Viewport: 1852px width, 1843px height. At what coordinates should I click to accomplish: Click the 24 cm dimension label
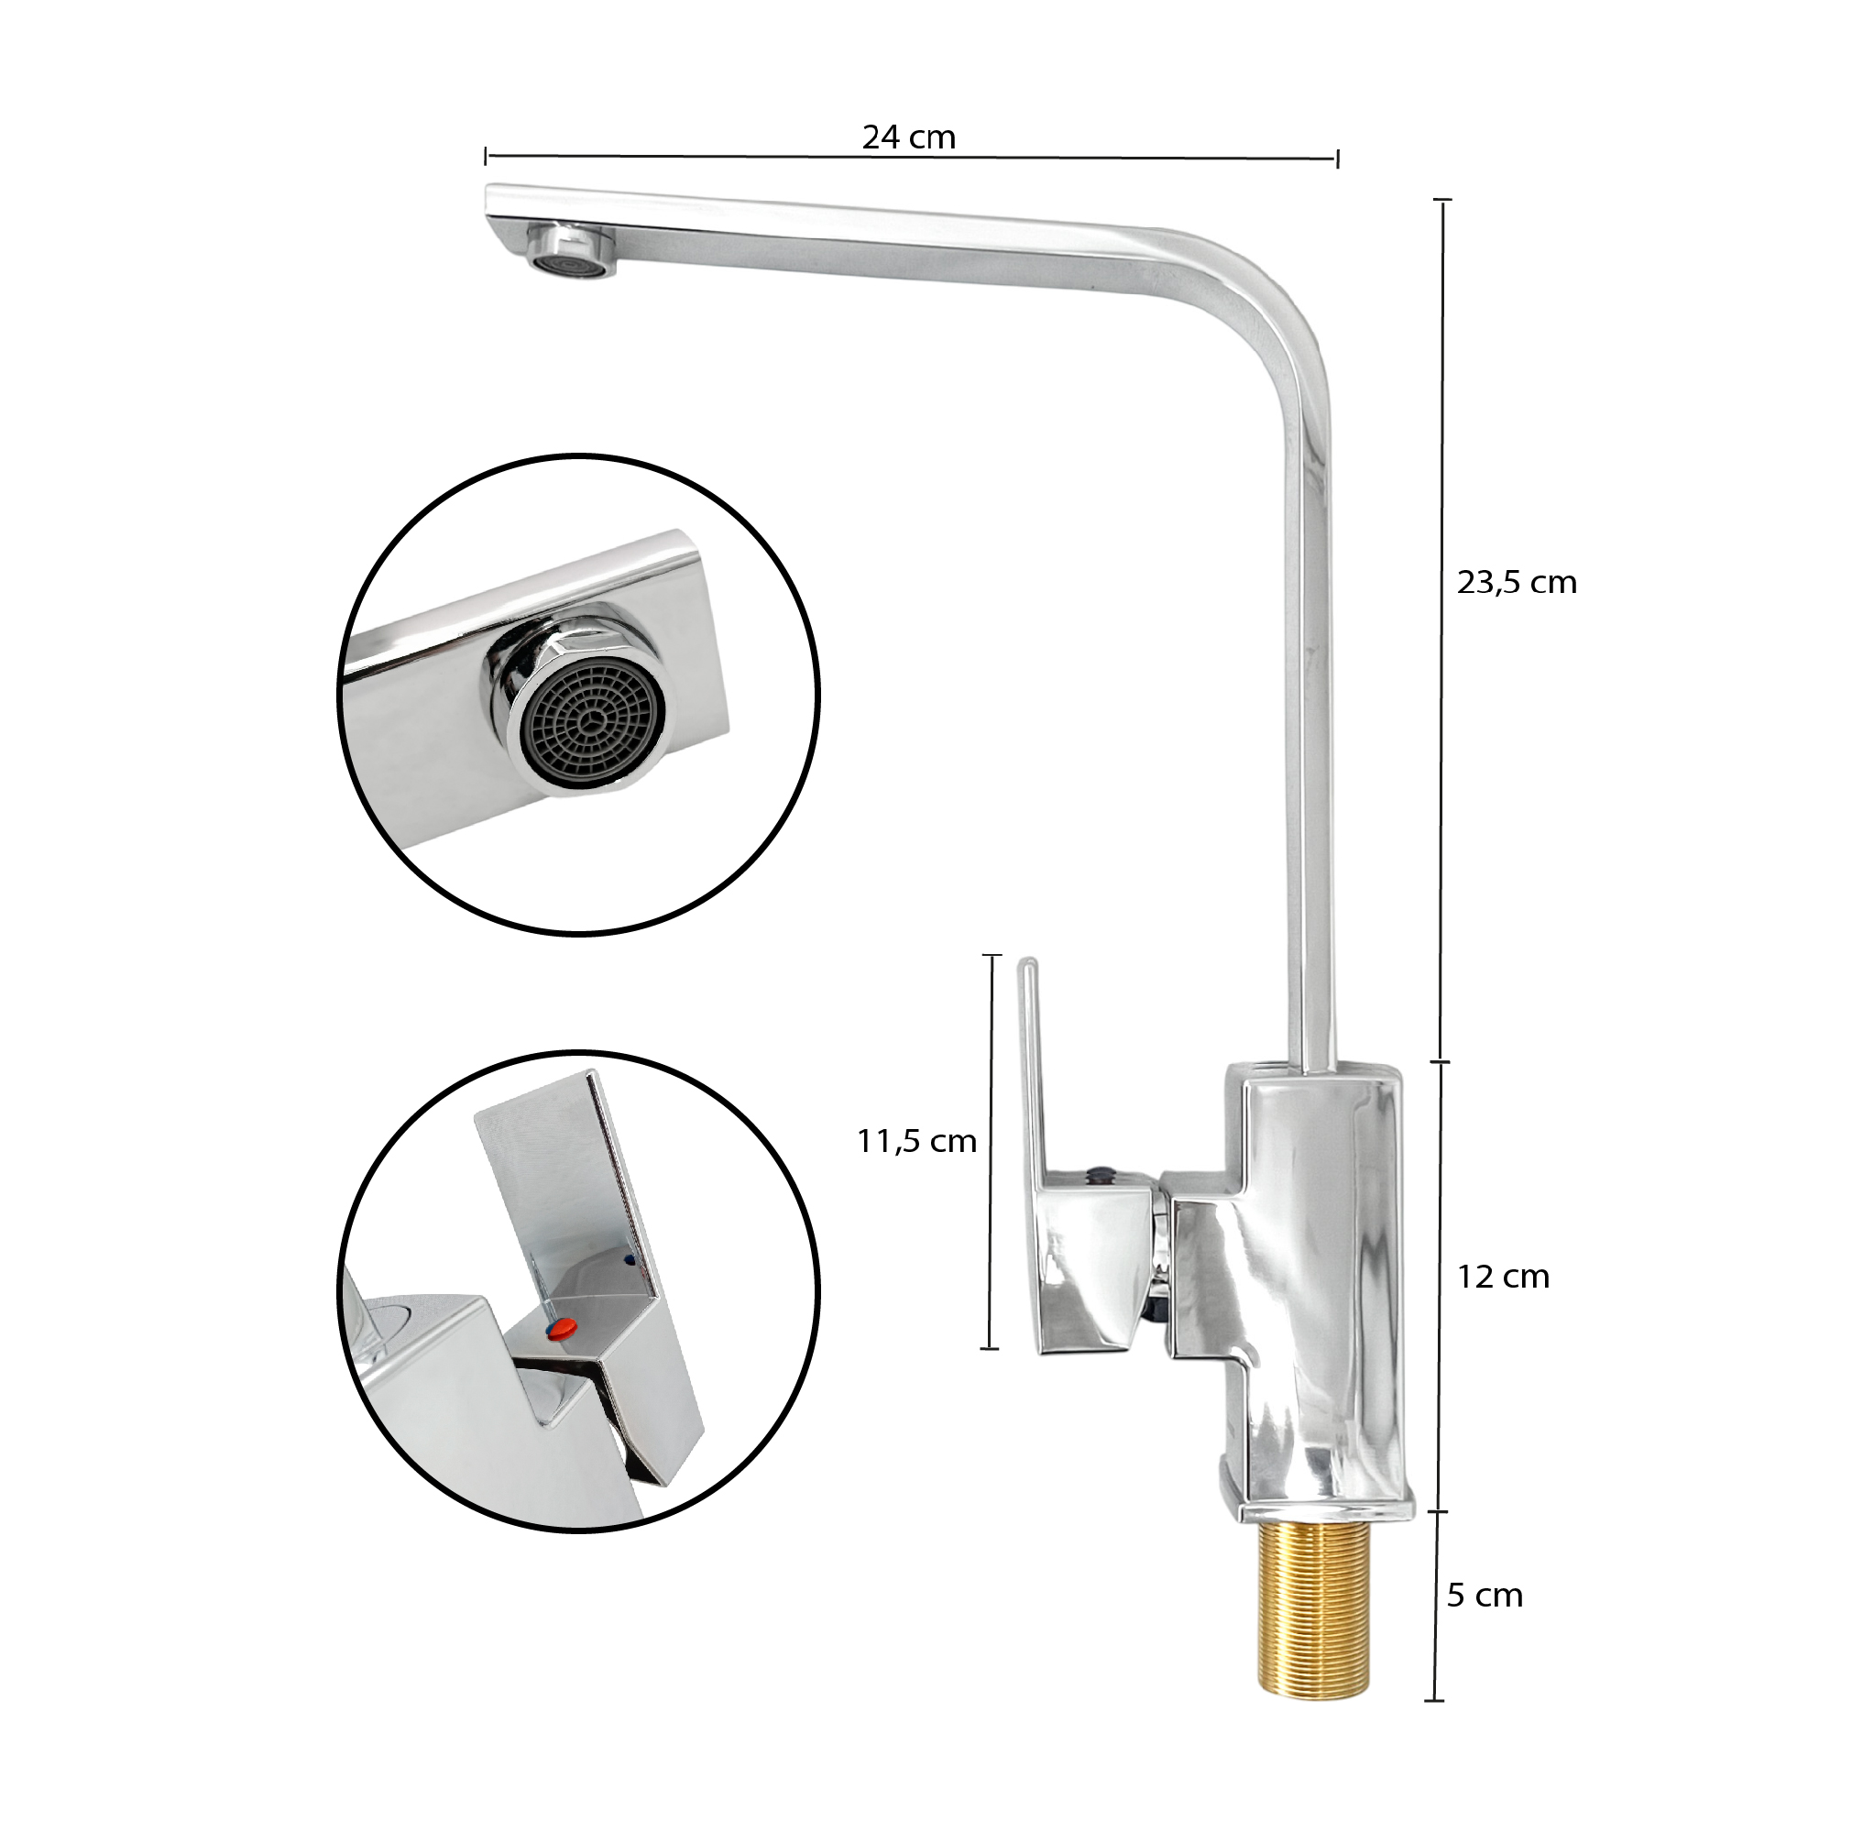coord(909,137)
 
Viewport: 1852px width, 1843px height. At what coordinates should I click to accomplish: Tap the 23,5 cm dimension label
coord(1517,582)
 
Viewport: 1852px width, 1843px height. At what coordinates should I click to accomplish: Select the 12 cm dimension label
coord(1503,1277)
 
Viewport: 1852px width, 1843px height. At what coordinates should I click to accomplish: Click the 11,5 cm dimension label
coord(916,1141)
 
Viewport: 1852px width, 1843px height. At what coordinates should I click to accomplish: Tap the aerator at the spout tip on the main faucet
coord(571,250)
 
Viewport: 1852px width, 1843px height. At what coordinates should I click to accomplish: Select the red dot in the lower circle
coord(562,1328)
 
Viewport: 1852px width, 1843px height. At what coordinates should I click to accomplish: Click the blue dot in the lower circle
coord(629,1260)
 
